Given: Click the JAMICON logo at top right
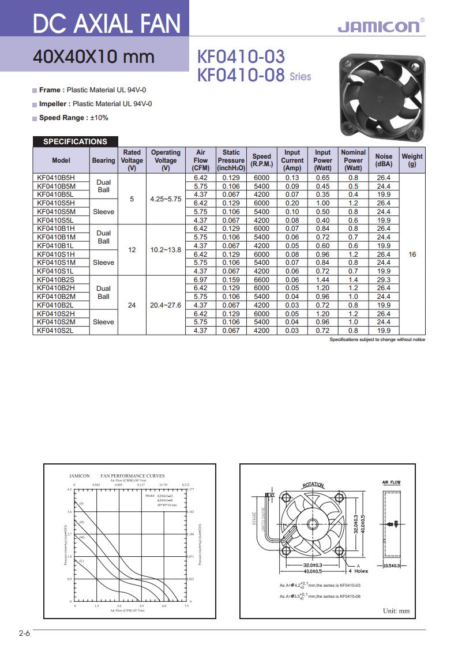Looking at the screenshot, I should (380, 27).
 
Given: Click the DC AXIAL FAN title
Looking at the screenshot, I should (107, 24).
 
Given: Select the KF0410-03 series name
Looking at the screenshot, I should (241, 57).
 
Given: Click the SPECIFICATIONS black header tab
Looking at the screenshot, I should (75, 141).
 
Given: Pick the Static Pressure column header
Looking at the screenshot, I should (231, 160).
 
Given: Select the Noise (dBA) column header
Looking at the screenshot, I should (384, 160).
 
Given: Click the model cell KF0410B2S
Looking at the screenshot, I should (56, 280).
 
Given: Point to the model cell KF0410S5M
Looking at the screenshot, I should (56, 212).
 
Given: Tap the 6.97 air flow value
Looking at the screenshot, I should (201, 280).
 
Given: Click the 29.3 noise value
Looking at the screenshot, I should (384, 280).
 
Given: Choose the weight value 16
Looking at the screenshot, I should (412, 254).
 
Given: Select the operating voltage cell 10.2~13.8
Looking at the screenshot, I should (166, 250).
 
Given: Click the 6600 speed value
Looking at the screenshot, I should (261, 280).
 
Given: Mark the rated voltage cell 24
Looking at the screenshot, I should (132, 305).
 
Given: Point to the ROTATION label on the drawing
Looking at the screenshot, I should (313, 485).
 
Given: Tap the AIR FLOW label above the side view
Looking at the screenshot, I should (391, 482).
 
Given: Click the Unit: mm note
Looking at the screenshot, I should (396, 610).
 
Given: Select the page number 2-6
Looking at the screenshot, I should (24, 634).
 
